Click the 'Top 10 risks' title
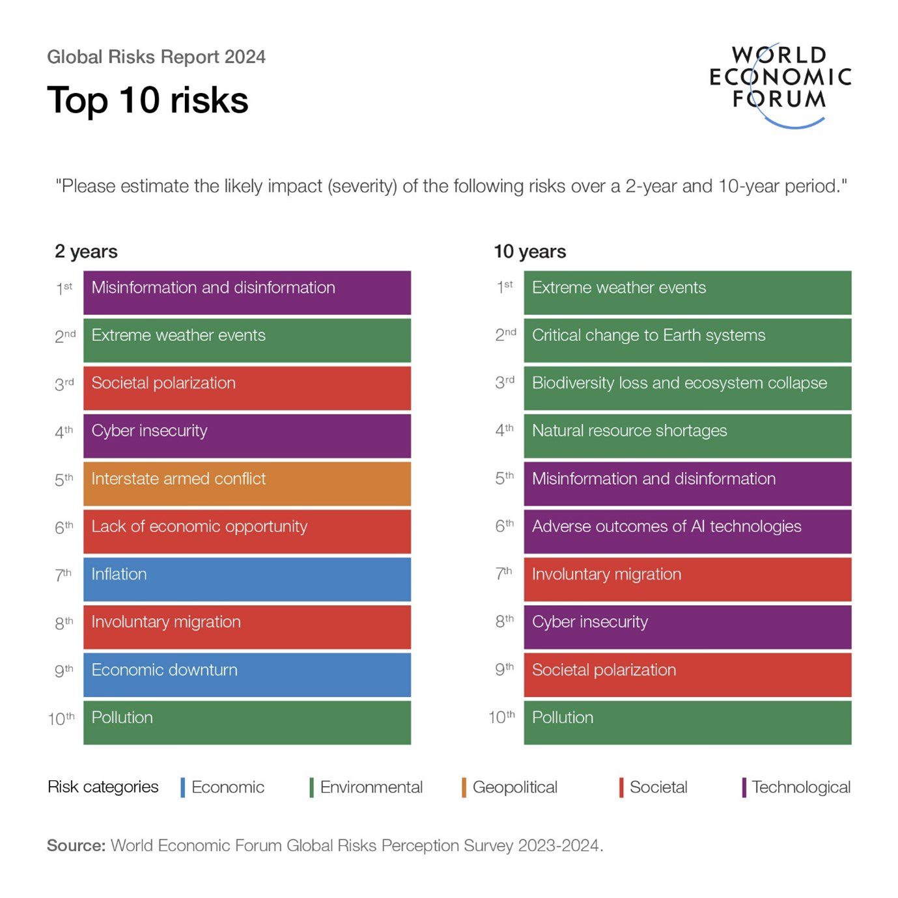[x=148, y=100]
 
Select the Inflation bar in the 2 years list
[x=247, y=578]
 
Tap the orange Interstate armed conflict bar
[x=247, y=483]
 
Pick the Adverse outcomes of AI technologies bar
[x=687, y=531]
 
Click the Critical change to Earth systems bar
[x=687, y=340]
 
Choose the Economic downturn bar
[x=247, y=674]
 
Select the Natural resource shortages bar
[x=687, y=435]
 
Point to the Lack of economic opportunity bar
[x=247, y=531]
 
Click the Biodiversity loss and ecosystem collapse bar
[x=687, y=388]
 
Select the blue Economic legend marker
[x=183, y=787]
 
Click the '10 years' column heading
[x=529, y=251]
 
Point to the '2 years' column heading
[x=86, y=251]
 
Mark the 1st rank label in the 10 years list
[x=505, y=287]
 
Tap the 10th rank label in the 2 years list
[x=61, y=718]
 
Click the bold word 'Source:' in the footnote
[x=76, y=845]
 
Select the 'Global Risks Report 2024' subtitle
[x=156, y=57]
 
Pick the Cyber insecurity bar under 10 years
[x=687, y=627]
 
